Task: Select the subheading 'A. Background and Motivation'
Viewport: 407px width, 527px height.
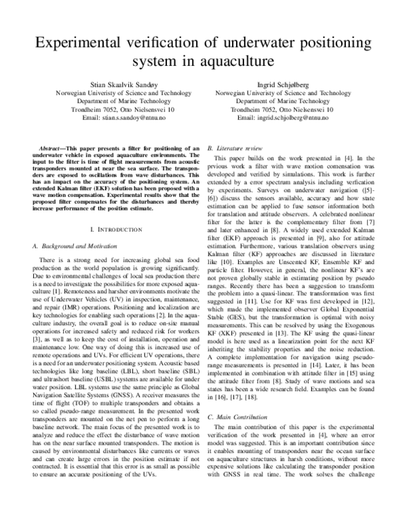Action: [77, 245]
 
